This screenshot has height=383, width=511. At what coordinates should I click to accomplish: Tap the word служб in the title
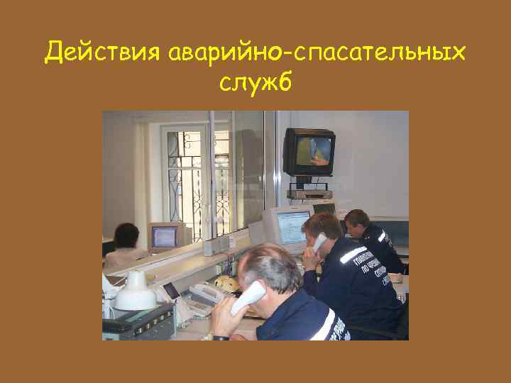(x=255, y=84)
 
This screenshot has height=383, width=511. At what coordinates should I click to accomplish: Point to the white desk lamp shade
(x=136, y=291)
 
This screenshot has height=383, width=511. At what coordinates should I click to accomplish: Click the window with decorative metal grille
(x=188, y=174)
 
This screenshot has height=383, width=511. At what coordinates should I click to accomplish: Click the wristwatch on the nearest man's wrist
(x=221, y=337)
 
